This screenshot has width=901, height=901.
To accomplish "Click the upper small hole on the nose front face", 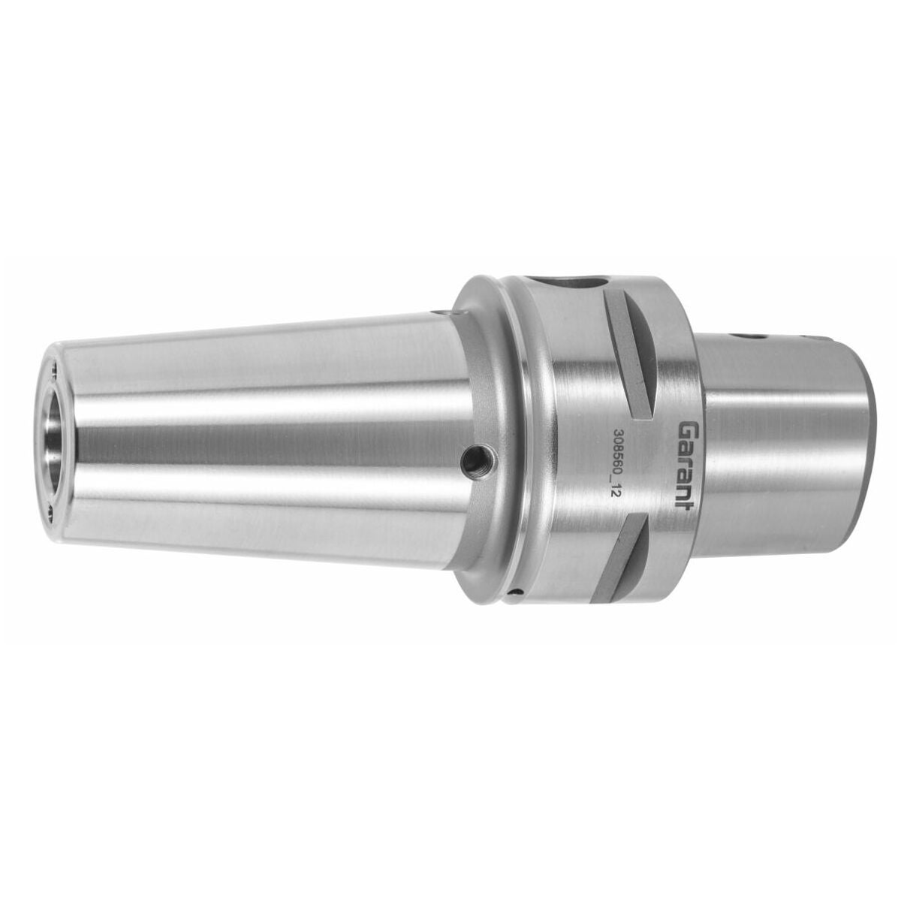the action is [56, 372].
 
